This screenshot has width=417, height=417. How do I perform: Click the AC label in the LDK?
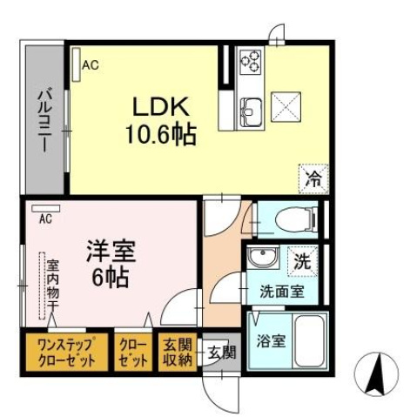[90, 64]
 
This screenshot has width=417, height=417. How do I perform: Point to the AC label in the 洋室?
[44, 219]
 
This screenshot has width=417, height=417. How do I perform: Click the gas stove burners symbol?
[251, 58]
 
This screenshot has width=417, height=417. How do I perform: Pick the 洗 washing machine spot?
[302, 259]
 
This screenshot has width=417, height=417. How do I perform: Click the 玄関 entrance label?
[221, 353]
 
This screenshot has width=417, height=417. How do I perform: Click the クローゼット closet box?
[133, 353]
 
